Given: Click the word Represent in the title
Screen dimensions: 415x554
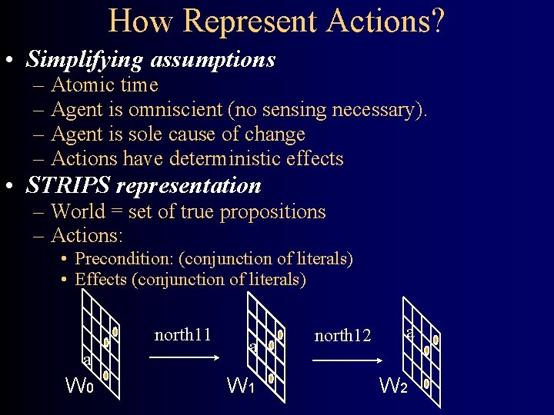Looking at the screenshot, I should tap(249, 21).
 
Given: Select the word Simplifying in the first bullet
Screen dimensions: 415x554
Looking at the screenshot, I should tap(85, 59).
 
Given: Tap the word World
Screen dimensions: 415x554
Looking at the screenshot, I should tap(82, 212).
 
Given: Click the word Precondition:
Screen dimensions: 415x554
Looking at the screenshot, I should tap(124, 259).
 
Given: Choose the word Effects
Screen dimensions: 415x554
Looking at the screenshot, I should tap(101, 280).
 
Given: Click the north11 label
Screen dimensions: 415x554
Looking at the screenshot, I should tap(182, 335).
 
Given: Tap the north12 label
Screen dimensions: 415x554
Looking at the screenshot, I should tap(343, 336).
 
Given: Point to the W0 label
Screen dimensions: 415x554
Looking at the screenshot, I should tap(80, 385).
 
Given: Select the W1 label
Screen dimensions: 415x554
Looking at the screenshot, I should tap(241, 385).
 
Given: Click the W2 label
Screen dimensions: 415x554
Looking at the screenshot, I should tap(393, 385).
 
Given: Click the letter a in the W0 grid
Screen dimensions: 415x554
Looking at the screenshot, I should tap(87, 360).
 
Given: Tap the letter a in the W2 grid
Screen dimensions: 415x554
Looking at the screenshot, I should tap(410, 334).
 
